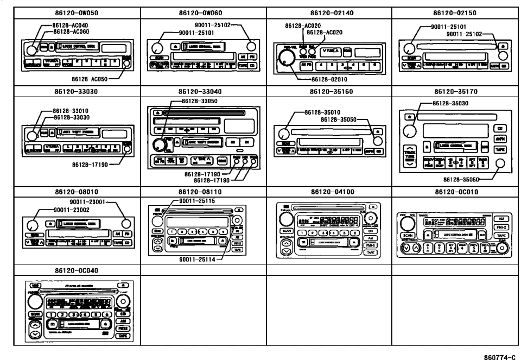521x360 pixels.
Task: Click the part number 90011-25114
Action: coord(198,259)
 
